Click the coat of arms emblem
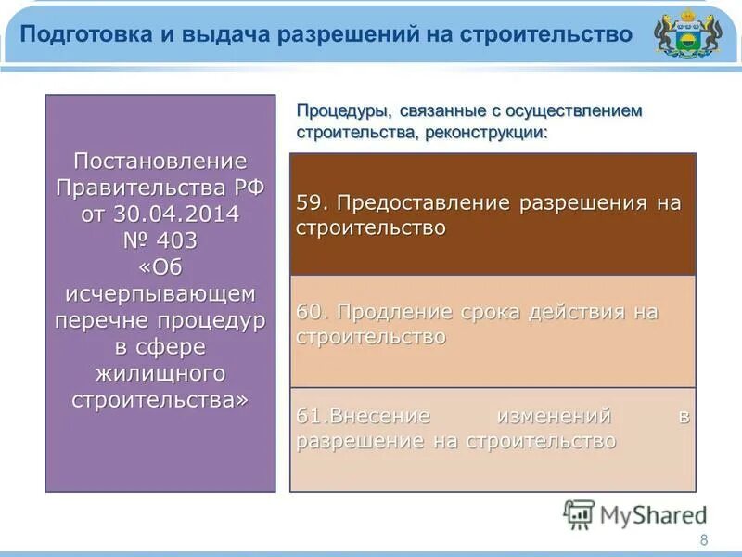pyautogui.click(x=686, y=36)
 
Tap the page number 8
pyautogui.click(x=703, y=541)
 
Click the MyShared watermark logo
pyautogui.click(x=634, y=514)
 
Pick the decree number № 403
pyautogui.click(x=160, y=240)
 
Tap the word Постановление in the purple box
pyautogui.click(x=160, y=160)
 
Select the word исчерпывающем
pyautogui.click(x=160, y=293)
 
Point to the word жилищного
pyautogui.click(x=160, y=373)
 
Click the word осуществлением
pyautogui.click(x=579, y=110)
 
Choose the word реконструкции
pyautogui.click(x=486, y=132)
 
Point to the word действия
pyautogui.click(x=576, y=313)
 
